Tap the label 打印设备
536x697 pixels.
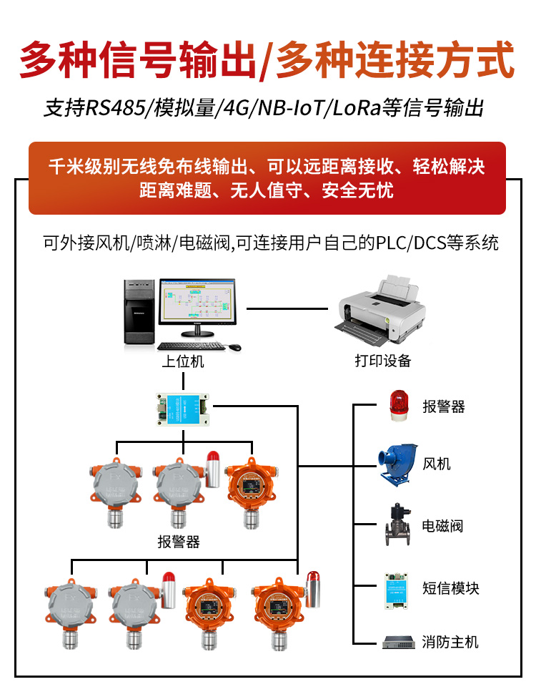[x=383, y=361]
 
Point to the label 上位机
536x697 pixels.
[x=182, y=361]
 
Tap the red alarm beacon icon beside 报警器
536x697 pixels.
[x=397, y=405]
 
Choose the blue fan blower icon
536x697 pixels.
[x=396, y=464]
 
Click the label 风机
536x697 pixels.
[x=437, y=464]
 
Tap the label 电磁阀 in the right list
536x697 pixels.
[x=443, y=526]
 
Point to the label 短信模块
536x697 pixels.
[x=450, y=588]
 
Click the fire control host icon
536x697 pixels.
[x=399, y=642]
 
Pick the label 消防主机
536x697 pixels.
[x=450, y=642]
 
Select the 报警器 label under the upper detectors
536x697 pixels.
[x=179, y=542]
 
